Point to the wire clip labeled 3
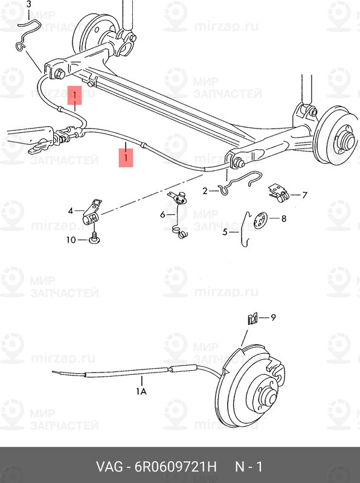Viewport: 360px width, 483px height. click(x=27, y=36)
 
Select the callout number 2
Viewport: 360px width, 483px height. click(x=205, y=191)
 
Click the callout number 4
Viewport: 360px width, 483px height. click(x=71, y=211)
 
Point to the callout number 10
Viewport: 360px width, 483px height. click(x=71, y=240)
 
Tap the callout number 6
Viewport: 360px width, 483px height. click(x=162, y=214)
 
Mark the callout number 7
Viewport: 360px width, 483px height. click(x=304, y=195)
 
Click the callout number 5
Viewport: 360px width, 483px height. click(x=225, y=231)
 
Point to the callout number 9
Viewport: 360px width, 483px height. click(x=272, y=318)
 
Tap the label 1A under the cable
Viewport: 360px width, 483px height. click(x=141, y=391)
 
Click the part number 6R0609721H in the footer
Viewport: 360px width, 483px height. click(x=172, y=467)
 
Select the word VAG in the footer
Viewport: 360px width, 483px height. click(x=109, y=467)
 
